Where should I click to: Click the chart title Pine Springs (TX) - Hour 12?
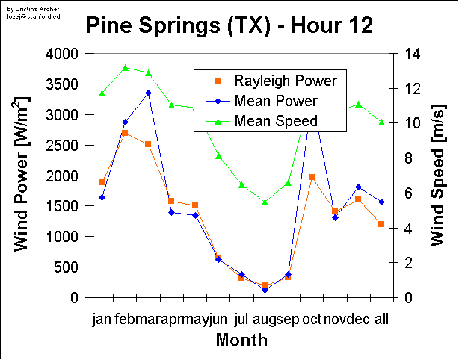pos(229,26)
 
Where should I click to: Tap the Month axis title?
pos(241,341)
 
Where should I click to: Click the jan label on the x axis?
pos(102,320)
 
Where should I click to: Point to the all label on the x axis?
pos(381,320)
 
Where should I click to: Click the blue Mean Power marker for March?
pos(148,93)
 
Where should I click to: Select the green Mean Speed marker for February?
pos(125,68)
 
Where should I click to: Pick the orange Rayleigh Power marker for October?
pos(312,177)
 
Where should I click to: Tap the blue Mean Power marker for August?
pos(265,290)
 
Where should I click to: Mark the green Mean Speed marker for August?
pos(265,202)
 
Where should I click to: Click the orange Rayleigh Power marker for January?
pos(102,182)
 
